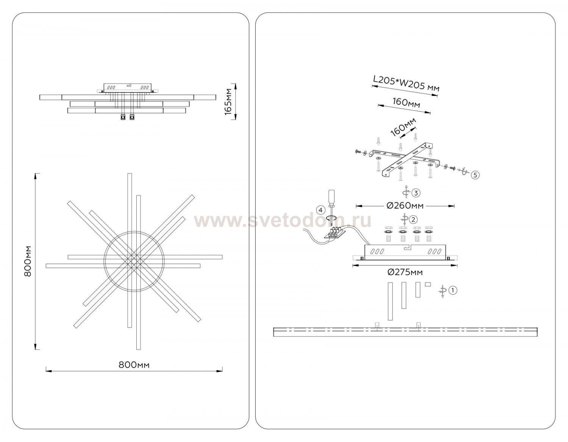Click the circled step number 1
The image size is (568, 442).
click(453, 290)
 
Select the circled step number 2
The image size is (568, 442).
click(413, 219)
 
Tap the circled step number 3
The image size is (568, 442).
click(416, 193)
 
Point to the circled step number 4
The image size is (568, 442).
click(321, 209)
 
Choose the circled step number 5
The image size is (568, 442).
click(475, 175)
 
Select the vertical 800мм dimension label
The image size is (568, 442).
click(27, 261)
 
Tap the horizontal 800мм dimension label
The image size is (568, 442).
click(134, 365)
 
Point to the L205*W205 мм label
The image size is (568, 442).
click(406, 84)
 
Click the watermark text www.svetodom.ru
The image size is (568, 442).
click(282, 221)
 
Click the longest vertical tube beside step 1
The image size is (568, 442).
click(390, 301)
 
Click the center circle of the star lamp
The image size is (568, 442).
click(134, 261)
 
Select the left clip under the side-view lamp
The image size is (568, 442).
click(123, 117)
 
